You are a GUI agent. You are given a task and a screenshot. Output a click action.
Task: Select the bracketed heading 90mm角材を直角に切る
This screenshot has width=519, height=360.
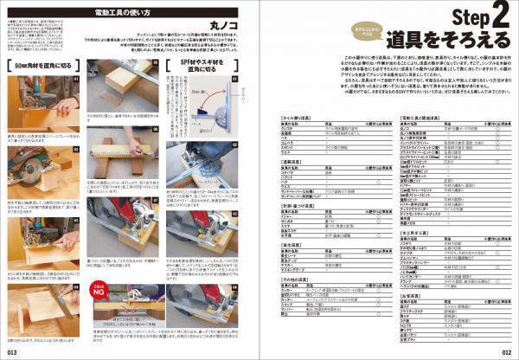click(41, 65)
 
